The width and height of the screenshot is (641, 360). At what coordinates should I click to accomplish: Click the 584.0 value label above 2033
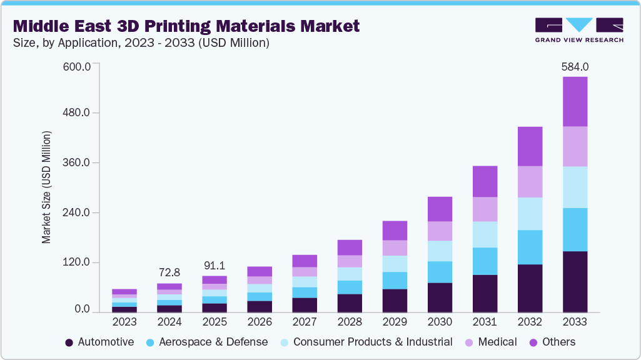coord(575,66)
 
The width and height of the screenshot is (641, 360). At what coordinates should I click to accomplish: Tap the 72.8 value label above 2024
coord(169,272)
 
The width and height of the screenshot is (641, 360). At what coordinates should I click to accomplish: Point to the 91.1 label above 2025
coord(215,265)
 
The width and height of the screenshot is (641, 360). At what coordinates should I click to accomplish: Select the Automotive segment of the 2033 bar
coord(575,281)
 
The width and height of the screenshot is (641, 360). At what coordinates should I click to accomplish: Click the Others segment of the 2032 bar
coord(530,146)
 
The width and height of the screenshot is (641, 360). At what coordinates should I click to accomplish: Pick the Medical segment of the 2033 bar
coord(575,146)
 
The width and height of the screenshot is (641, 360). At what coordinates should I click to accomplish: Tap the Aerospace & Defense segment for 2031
coord(485,261)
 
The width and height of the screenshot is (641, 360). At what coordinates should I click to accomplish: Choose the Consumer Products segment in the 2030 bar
coord(440,251)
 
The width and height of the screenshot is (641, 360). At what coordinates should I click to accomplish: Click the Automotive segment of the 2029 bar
coord(395,301)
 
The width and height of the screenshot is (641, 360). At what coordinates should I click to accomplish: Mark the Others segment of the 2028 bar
coord(350,247)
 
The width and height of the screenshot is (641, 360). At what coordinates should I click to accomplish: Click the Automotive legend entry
coord(99,342)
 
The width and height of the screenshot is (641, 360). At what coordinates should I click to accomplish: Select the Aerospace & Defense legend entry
coord(207,342)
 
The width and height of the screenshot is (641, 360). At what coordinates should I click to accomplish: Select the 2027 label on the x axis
coord(305,322)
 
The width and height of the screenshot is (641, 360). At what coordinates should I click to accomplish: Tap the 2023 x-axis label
coord(124,322)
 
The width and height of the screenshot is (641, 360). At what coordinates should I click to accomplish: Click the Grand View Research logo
coord(579,30)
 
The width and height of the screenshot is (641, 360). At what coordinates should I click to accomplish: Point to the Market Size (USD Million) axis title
coord(46,187)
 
